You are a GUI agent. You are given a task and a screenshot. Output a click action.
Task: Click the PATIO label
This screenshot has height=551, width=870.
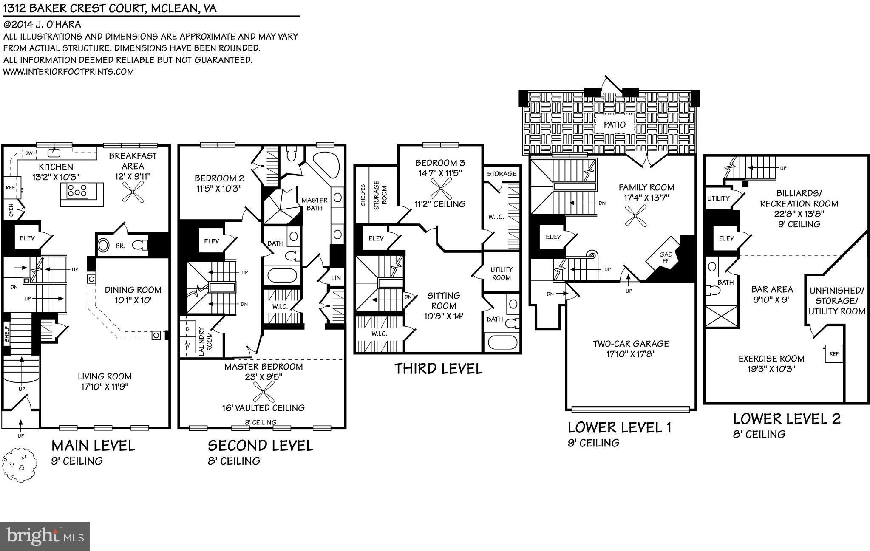[x=614, y=124]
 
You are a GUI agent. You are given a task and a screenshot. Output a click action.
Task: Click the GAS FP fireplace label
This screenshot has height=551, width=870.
[x=666, y=257]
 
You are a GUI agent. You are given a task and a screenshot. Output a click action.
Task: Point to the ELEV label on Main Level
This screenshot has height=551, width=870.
[x=27, y=238]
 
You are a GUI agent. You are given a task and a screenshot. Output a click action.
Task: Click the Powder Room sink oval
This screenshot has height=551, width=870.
[x=103, y=246]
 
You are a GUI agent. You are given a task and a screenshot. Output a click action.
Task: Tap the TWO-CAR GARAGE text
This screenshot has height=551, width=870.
[x=631, y=343]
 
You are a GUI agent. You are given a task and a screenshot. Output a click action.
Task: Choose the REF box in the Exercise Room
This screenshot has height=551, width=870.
[x=834, y=353]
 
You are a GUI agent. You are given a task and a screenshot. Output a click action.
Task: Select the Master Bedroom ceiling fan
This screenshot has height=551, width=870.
[x=263, y=392]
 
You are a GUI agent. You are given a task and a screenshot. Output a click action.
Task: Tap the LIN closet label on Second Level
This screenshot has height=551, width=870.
[x=336, y=278]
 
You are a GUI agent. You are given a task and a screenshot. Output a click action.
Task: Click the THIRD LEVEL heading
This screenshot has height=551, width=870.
[x=438, y=368]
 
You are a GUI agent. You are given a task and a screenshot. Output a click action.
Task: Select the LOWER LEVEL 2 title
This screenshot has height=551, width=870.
[x=786, y=418]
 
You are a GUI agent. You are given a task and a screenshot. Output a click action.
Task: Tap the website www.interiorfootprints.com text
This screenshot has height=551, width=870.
[x=68, y=72]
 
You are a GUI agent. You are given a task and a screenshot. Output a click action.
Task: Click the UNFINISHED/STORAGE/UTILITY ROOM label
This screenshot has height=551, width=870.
[x=836, y=301]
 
